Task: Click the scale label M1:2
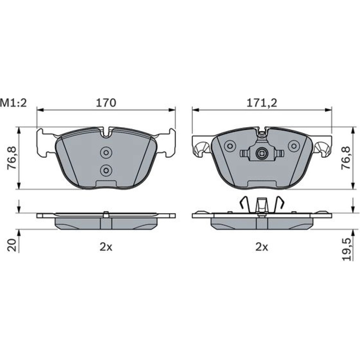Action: [x=14, y=103]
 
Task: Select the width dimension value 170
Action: [x=106, y=103]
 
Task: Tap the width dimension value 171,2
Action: [x=262, y=103]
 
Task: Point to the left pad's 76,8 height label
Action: [x=12, y=158]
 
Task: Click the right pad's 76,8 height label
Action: [x=346, y=158]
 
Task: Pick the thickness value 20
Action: [x=12, y=245]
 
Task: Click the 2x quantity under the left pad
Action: [x=106, y=247]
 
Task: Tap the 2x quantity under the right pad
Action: [x=262, y=247]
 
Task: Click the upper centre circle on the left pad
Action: [x=106, y=152]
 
